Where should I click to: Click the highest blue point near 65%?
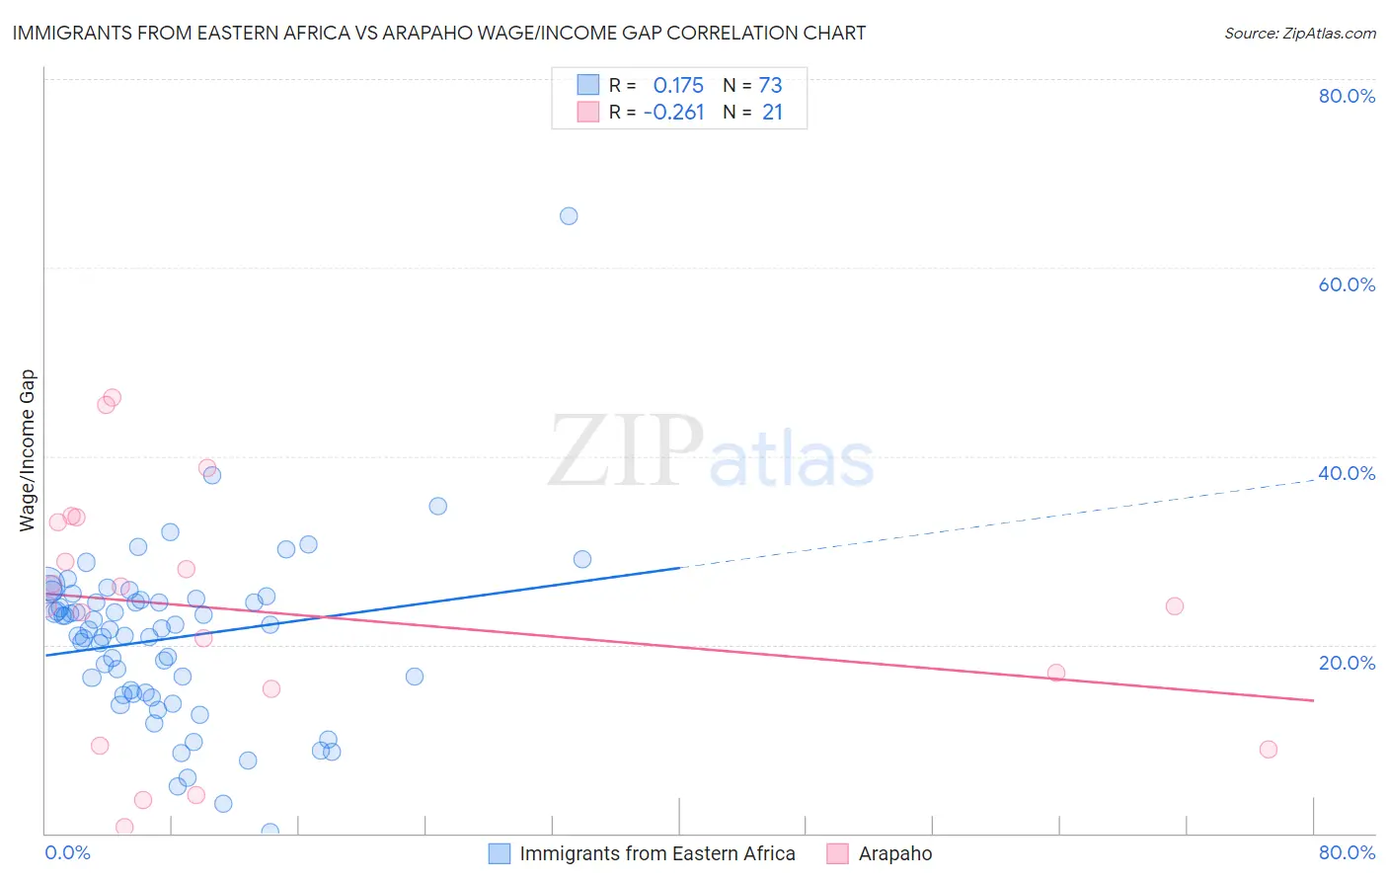569,216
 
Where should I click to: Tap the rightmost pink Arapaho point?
1269,750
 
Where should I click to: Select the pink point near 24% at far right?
1175,606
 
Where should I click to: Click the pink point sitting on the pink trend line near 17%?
1056,673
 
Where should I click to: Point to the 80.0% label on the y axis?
1347,96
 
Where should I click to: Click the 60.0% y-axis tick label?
1347,284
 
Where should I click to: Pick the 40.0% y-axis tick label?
1347,473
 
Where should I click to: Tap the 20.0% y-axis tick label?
1347,663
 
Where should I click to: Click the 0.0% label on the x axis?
67,853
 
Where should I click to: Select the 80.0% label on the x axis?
1347,853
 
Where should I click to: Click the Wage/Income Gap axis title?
28,450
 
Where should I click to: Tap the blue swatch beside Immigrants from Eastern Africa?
501,854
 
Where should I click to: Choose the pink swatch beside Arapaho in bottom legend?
838,854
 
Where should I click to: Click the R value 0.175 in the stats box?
678,85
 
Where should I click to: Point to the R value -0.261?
673,113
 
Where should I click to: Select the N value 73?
770,85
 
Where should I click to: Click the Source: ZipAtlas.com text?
1300,34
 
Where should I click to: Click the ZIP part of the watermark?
626,451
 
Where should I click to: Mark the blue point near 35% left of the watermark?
438,507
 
